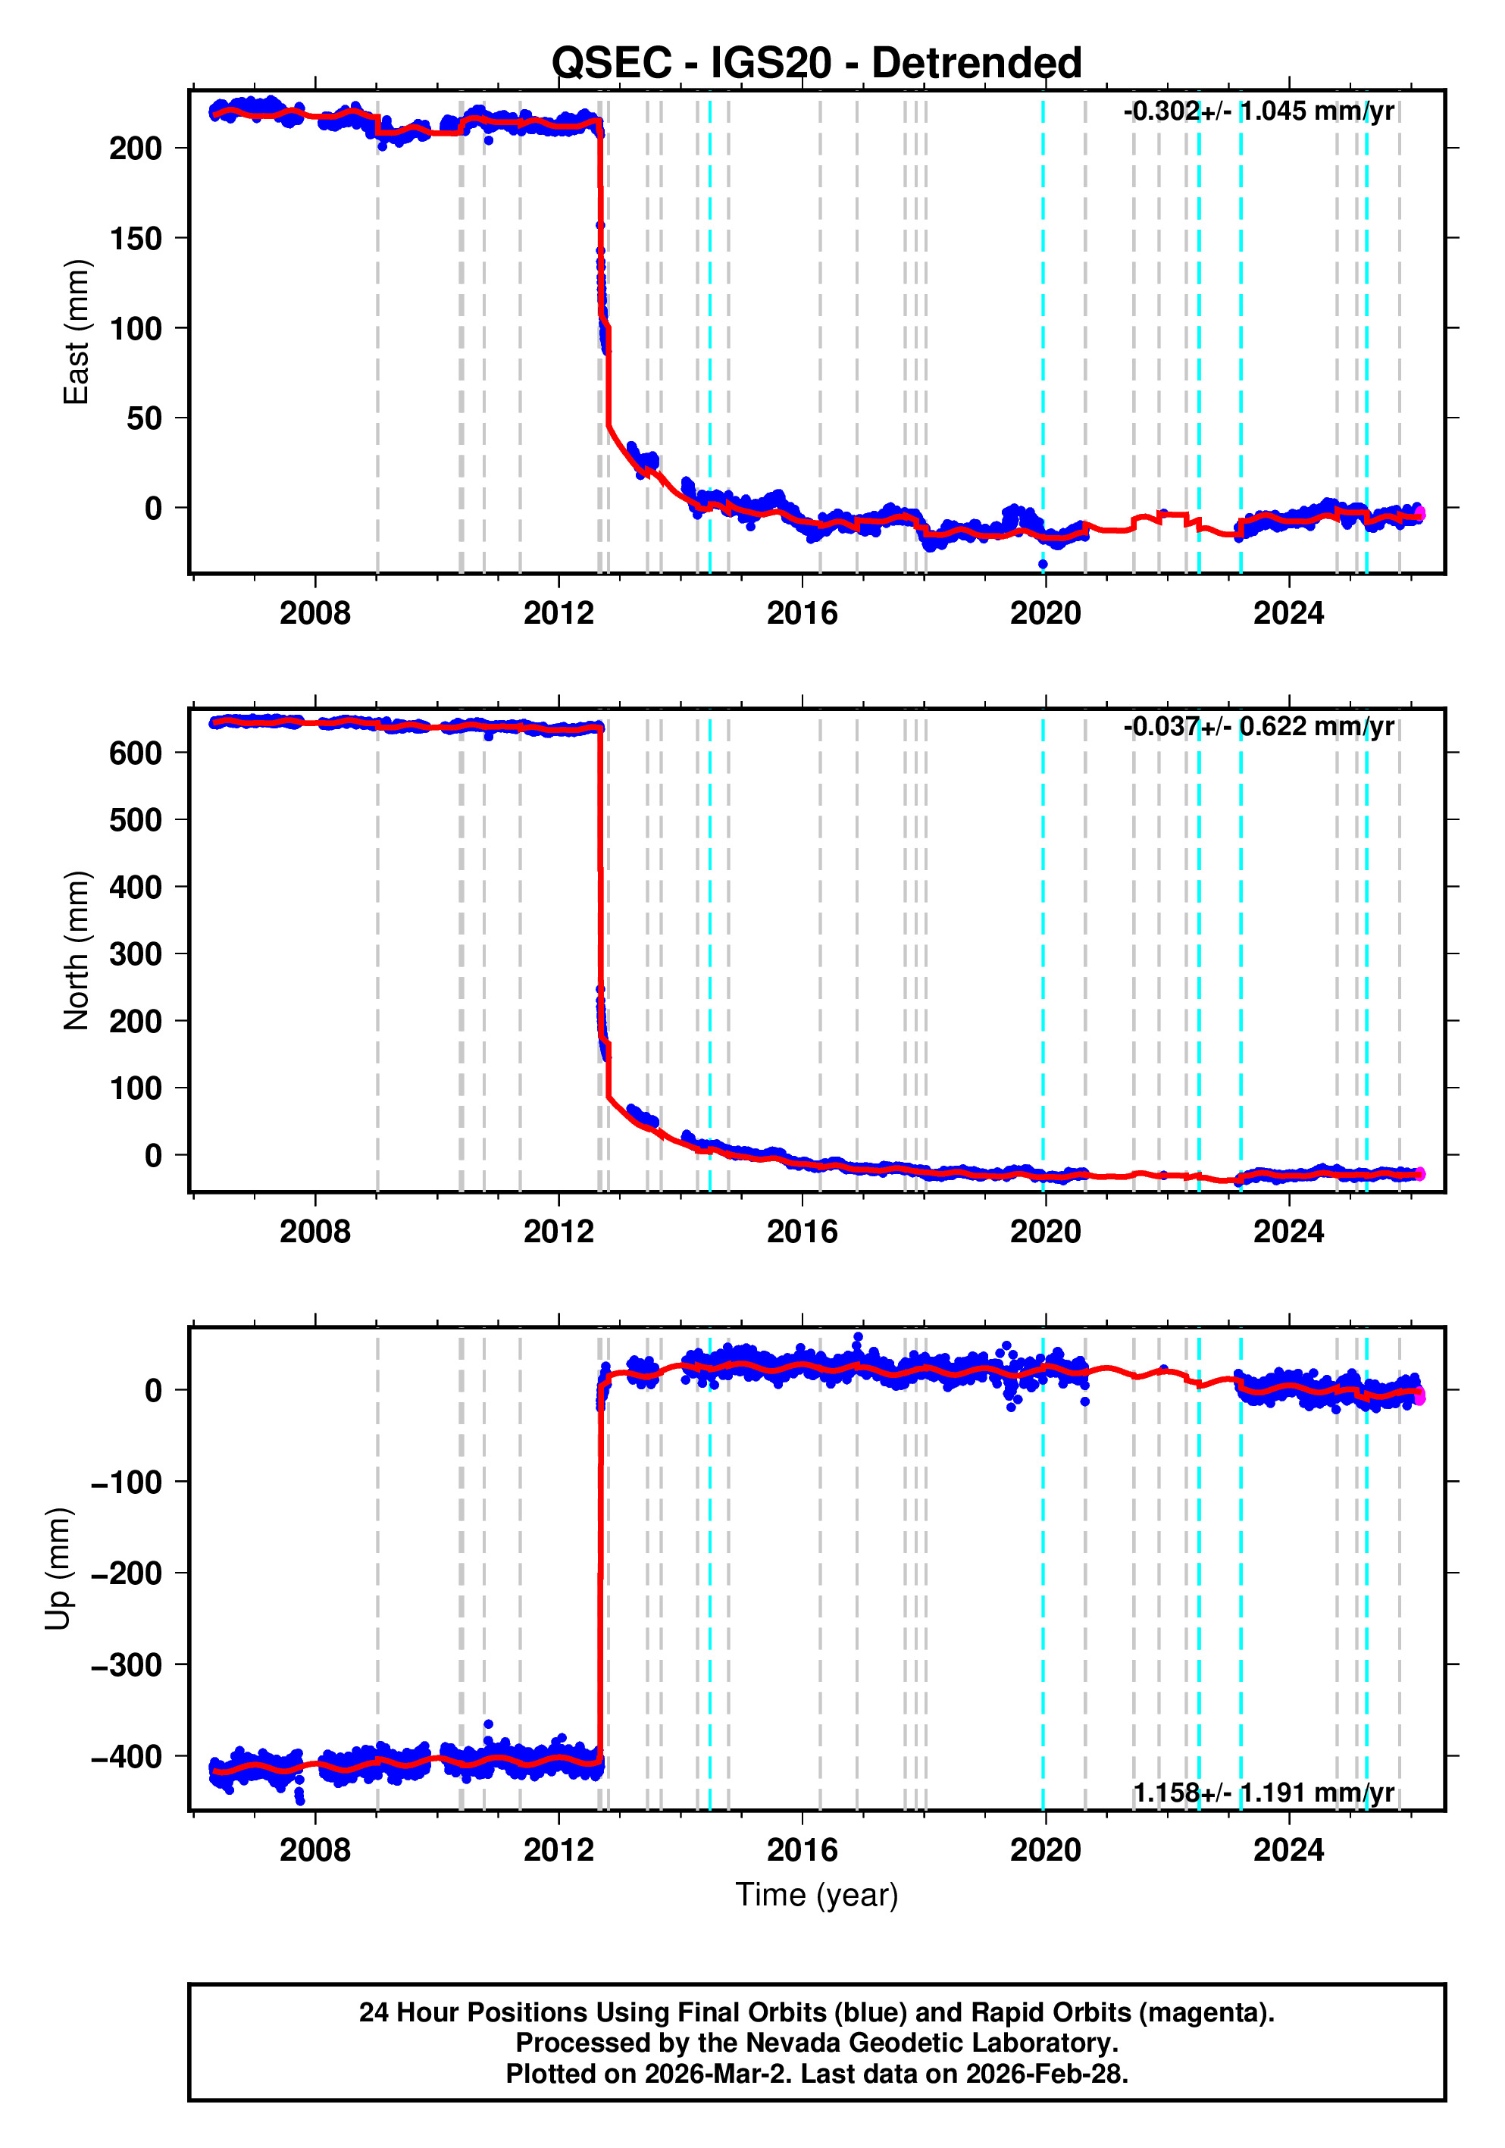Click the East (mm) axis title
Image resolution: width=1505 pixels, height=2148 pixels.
pos(77,332)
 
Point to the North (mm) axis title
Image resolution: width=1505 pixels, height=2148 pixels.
pos(77,950)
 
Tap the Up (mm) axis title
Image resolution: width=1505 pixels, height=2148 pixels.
pos(58,1569)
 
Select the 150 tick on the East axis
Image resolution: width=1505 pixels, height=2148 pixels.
pos(136,239)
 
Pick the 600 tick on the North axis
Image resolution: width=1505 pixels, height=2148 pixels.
pos(136,753)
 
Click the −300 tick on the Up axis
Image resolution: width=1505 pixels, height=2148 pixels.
pos(127,1665)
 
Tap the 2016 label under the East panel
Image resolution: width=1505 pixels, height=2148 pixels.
pos(802,614)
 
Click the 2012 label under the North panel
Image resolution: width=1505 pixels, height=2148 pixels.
pos(559,1232)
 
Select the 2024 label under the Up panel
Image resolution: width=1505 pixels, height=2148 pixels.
pos(1288,1850)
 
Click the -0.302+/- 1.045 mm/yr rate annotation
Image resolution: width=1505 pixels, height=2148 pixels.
pos(1258,111)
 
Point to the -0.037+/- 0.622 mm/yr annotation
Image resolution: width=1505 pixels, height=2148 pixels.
pos(1258,727)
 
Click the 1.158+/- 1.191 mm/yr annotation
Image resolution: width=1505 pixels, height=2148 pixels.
pos(1263,1793)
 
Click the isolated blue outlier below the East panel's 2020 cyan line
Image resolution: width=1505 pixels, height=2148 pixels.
pos(1043,564)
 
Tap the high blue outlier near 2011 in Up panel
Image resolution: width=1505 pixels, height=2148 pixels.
pos(488,1724)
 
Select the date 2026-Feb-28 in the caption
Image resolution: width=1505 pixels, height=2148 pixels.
pos(1046,2074)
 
